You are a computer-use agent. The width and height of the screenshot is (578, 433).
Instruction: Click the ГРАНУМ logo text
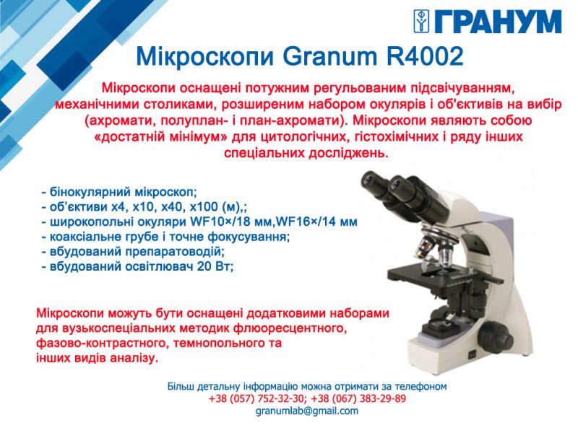498,22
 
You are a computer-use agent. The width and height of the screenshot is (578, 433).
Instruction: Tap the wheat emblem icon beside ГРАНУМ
423,22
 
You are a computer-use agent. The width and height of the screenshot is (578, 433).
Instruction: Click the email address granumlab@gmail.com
307,411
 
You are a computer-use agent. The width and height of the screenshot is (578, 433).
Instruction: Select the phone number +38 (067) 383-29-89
358,399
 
